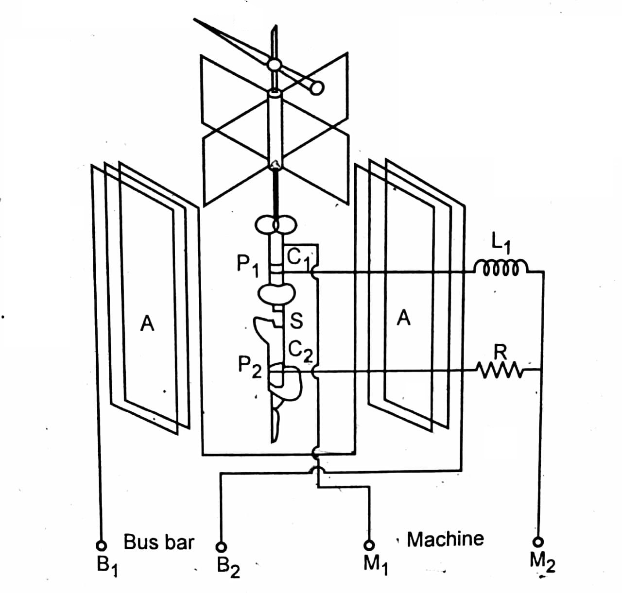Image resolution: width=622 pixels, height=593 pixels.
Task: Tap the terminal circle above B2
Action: [221, 546]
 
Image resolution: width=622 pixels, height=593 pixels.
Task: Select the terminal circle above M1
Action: [371, 545]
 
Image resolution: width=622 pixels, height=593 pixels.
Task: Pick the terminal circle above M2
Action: [538, 542]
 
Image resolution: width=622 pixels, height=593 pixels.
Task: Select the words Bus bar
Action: [159, 542]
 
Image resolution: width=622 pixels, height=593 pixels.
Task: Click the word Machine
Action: [445, 539]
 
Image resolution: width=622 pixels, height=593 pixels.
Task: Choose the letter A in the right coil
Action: [403, 318]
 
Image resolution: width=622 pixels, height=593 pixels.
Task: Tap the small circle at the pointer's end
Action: [316, 87]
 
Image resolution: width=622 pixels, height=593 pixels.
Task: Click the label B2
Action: [228, 566]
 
